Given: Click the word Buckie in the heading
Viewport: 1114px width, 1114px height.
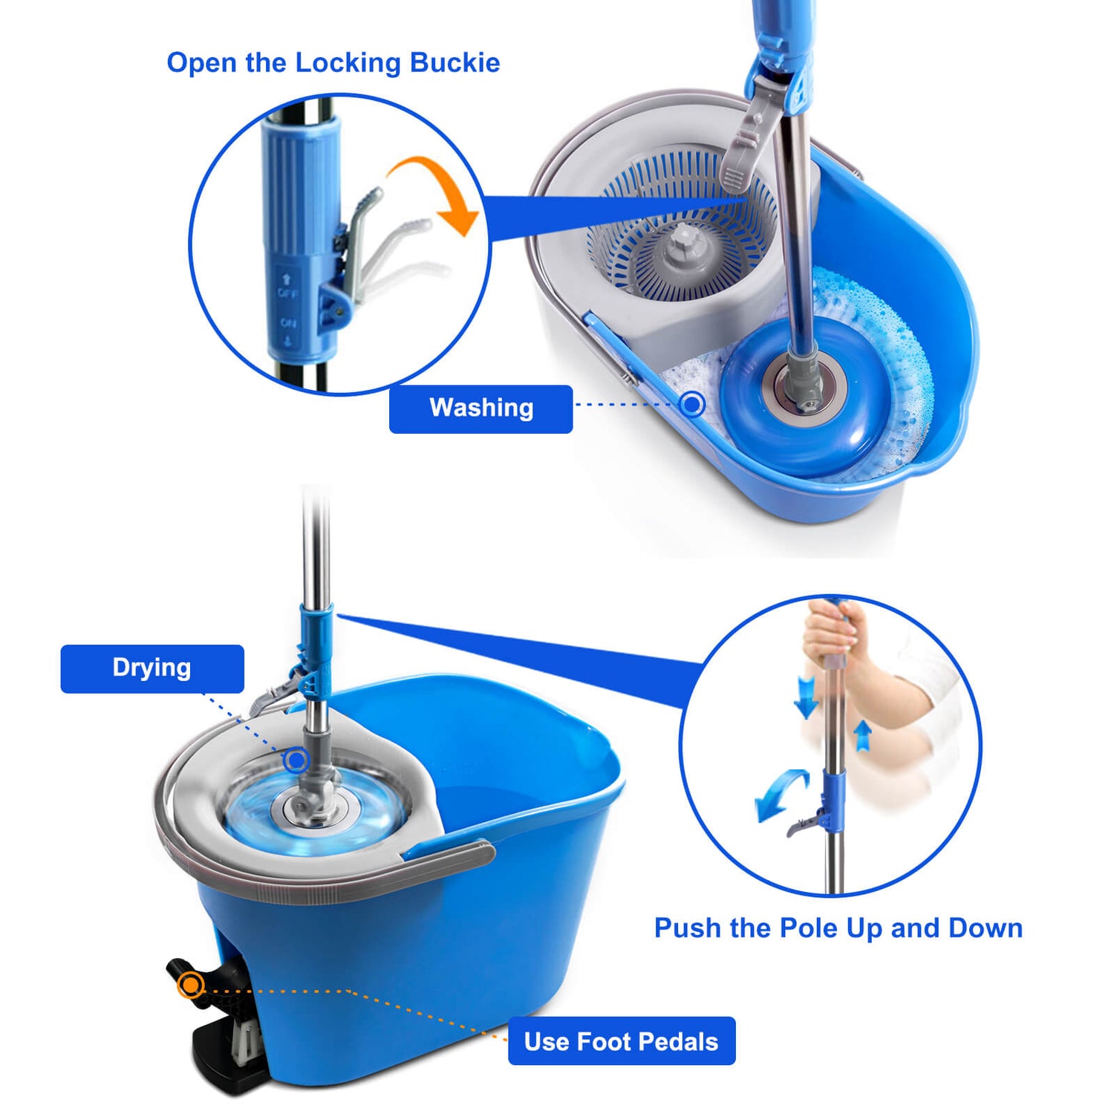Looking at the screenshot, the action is click(455, 63).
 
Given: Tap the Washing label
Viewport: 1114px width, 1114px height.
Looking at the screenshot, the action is click(481, 408).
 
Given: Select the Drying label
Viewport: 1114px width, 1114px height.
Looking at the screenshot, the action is click(152, 668).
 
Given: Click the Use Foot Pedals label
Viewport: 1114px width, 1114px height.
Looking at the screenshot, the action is click(622, 1041).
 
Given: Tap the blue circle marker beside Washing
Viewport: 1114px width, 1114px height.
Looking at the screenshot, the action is click(693, 404).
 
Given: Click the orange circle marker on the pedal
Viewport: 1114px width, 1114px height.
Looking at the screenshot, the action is click(192, 985).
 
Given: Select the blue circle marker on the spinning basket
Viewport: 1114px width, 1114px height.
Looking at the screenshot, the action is click(297, 760).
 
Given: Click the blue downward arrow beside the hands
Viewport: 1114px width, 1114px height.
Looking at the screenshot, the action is click(806, 697).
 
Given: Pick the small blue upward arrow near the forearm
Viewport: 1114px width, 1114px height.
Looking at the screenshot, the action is click(862, 735).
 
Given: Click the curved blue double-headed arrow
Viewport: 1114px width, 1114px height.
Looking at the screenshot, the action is click(780, 793).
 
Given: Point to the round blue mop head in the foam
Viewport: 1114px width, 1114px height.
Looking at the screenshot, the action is click(806, 397).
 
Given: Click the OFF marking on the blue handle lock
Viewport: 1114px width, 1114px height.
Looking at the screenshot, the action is click(288, 293).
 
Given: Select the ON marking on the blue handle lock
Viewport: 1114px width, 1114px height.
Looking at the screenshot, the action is click(288, 323).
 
